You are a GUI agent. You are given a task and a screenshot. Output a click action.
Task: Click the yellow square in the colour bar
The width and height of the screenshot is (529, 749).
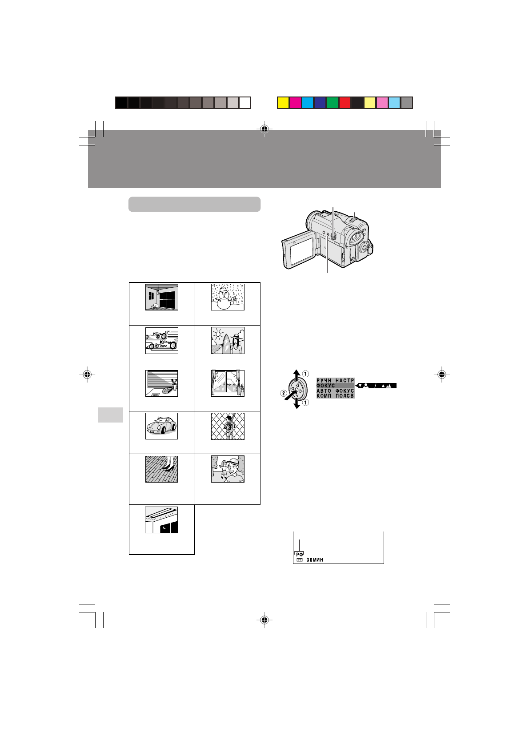coord(283,103)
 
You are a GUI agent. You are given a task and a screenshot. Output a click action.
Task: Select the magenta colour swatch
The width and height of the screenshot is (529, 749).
coord(295,103)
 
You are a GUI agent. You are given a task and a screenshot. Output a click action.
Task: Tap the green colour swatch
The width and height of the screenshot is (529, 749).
coord(333,103)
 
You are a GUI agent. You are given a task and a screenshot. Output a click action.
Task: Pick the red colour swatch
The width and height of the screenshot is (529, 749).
coord(345,103)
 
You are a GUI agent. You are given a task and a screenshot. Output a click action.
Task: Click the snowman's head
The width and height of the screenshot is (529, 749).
coord(224,293)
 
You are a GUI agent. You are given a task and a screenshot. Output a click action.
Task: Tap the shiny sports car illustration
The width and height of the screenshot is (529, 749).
coord(161,426)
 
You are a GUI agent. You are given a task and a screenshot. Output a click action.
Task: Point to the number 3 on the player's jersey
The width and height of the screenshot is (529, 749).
coord(228,427)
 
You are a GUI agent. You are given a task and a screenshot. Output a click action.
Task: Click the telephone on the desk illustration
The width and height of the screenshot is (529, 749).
coord(168,391)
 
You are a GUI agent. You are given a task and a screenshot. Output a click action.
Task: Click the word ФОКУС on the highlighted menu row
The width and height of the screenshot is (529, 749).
coord(326,386)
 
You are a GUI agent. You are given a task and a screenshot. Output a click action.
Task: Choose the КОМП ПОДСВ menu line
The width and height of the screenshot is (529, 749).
coord(335,396)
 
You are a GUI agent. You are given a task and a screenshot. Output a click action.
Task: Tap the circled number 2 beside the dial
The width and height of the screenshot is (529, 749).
coord(284,393)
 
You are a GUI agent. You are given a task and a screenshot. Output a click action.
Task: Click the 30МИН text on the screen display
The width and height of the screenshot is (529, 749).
coord(315,560)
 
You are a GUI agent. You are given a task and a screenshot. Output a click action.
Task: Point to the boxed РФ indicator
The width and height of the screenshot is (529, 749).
coord(300,554)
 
